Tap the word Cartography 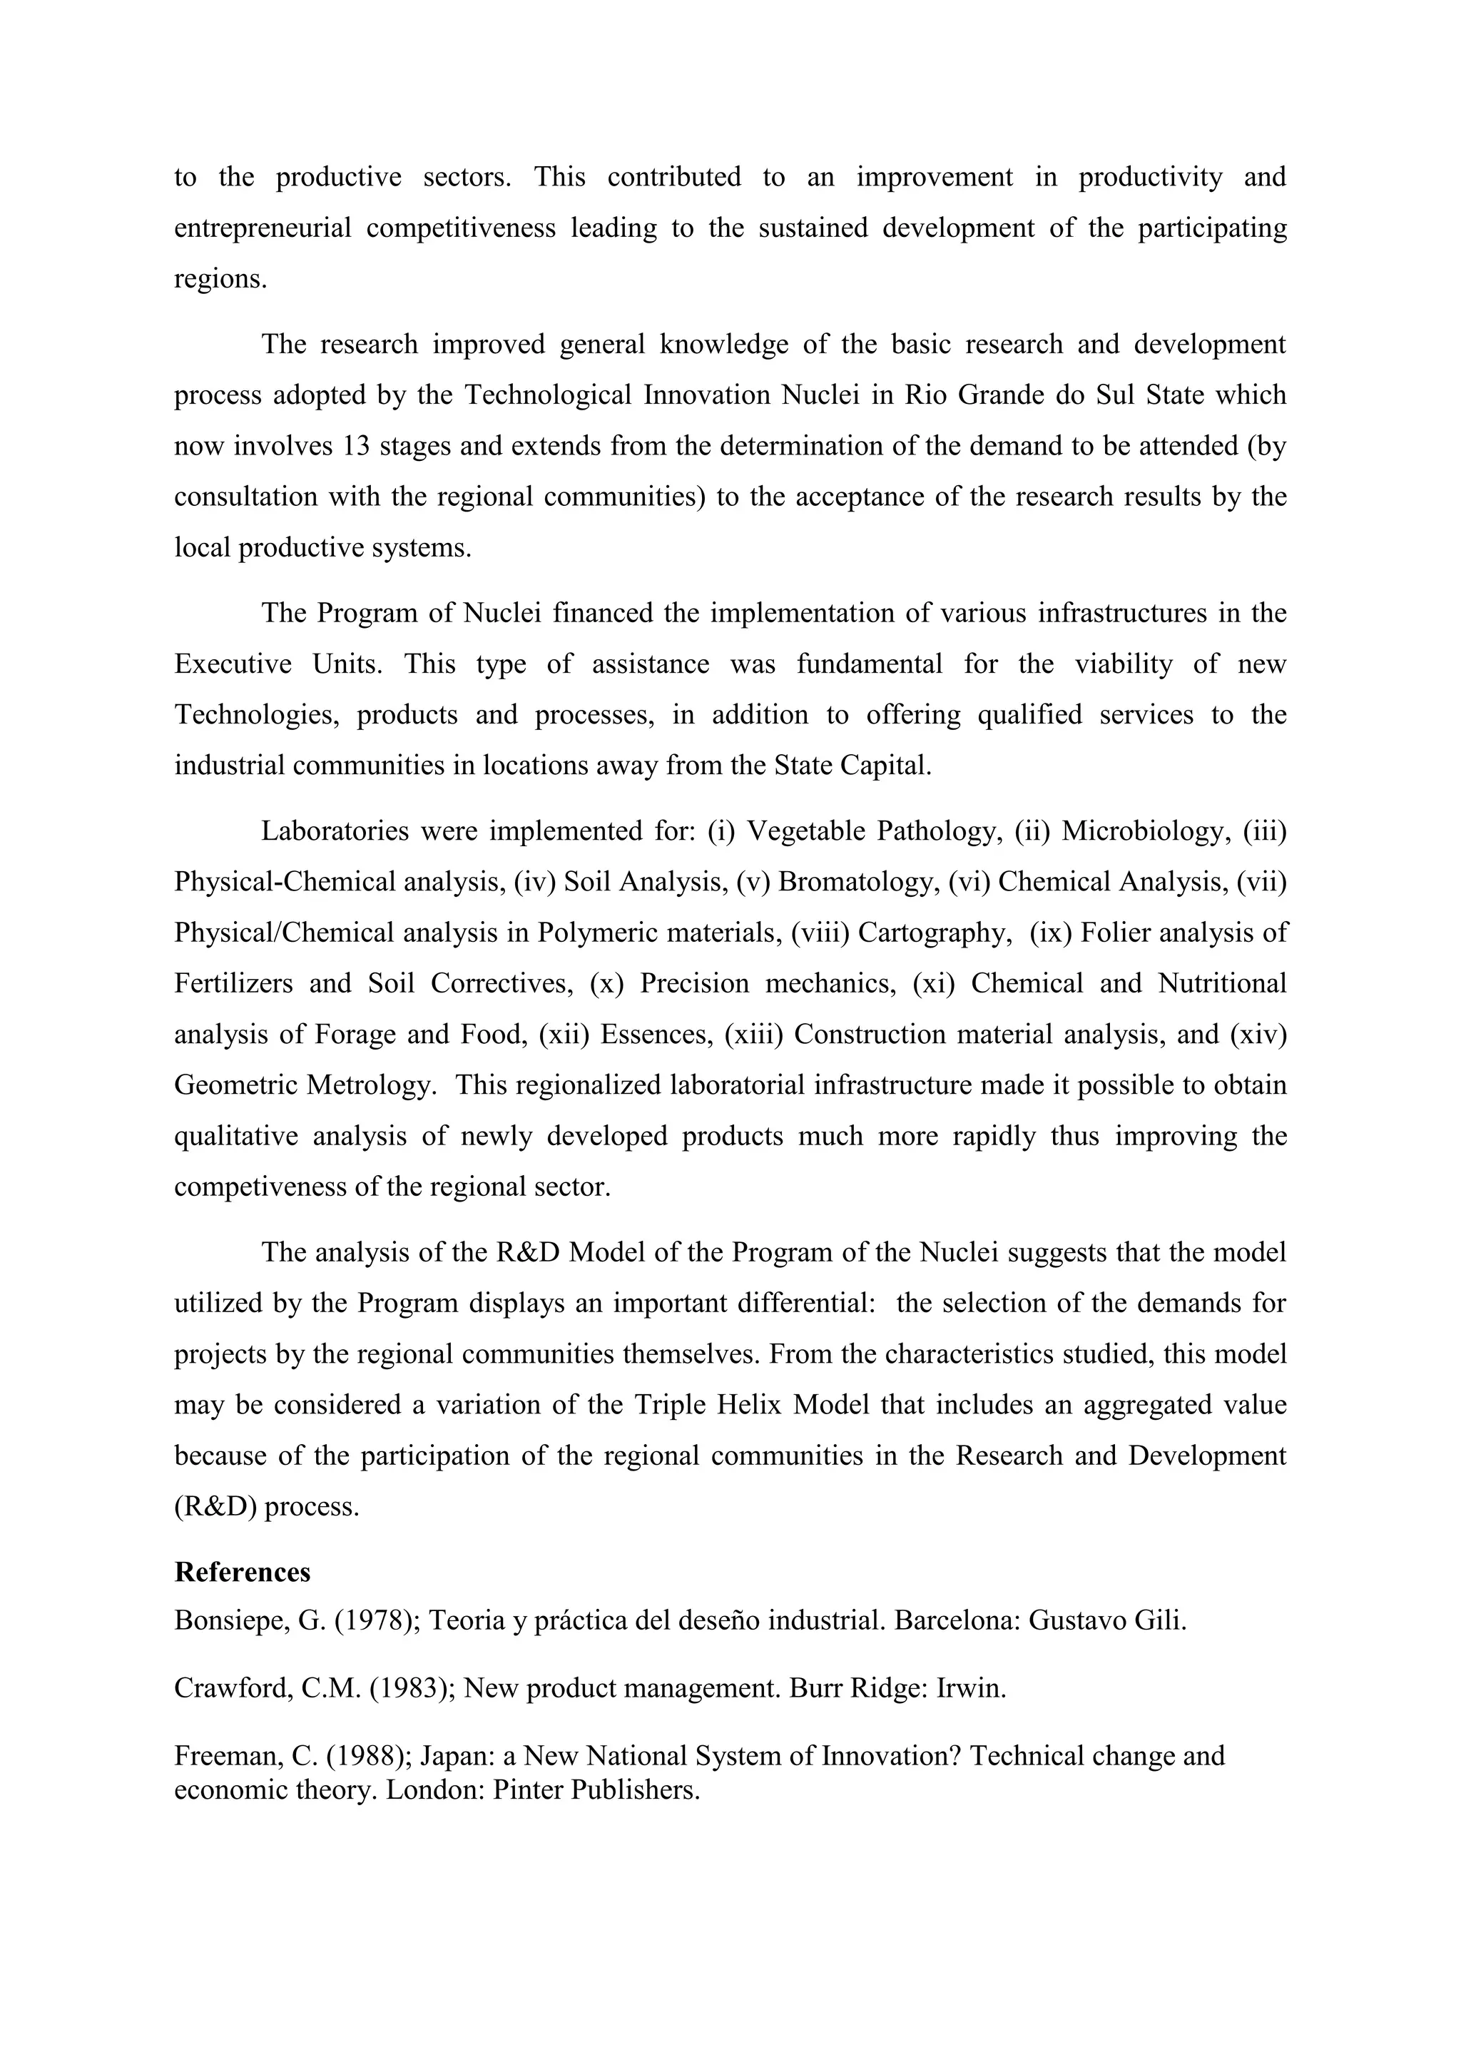930,933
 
